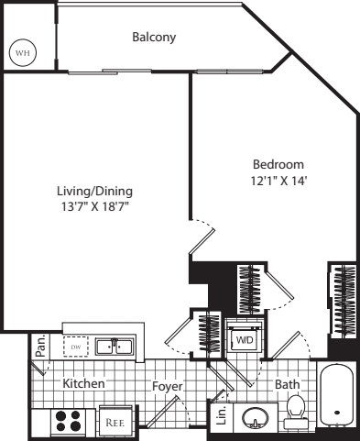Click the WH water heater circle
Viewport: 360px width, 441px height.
[23, 52]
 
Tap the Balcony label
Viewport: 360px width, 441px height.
[154, 38]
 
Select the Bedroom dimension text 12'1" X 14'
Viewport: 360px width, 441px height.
[278, 181]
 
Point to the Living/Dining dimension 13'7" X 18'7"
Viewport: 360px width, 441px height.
[94, 206]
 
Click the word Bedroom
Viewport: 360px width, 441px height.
[278, 164]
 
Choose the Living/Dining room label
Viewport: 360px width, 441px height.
[94, 191]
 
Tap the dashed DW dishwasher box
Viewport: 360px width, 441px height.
[76, 347]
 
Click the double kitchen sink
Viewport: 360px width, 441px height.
[115, 347]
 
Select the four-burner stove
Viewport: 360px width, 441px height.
[69, 421]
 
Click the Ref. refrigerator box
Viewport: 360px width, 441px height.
[115, 422]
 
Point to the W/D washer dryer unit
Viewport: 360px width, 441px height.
[245, 339]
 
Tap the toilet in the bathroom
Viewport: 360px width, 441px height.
[296, 412]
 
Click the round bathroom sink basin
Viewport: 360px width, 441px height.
[256, 417]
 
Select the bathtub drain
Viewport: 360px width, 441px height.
[337, 413]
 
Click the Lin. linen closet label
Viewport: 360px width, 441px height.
[221, 416]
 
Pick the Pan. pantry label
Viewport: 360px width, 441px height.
[40, 346]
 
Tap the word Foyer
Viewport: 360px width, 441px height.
[168, 386]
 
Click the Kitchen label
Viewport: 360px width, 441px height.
[83, 383]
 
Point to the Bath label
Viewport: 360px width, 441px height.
[288, 384]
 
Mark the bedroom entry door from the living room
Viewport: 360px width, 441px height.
[202, 241]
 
